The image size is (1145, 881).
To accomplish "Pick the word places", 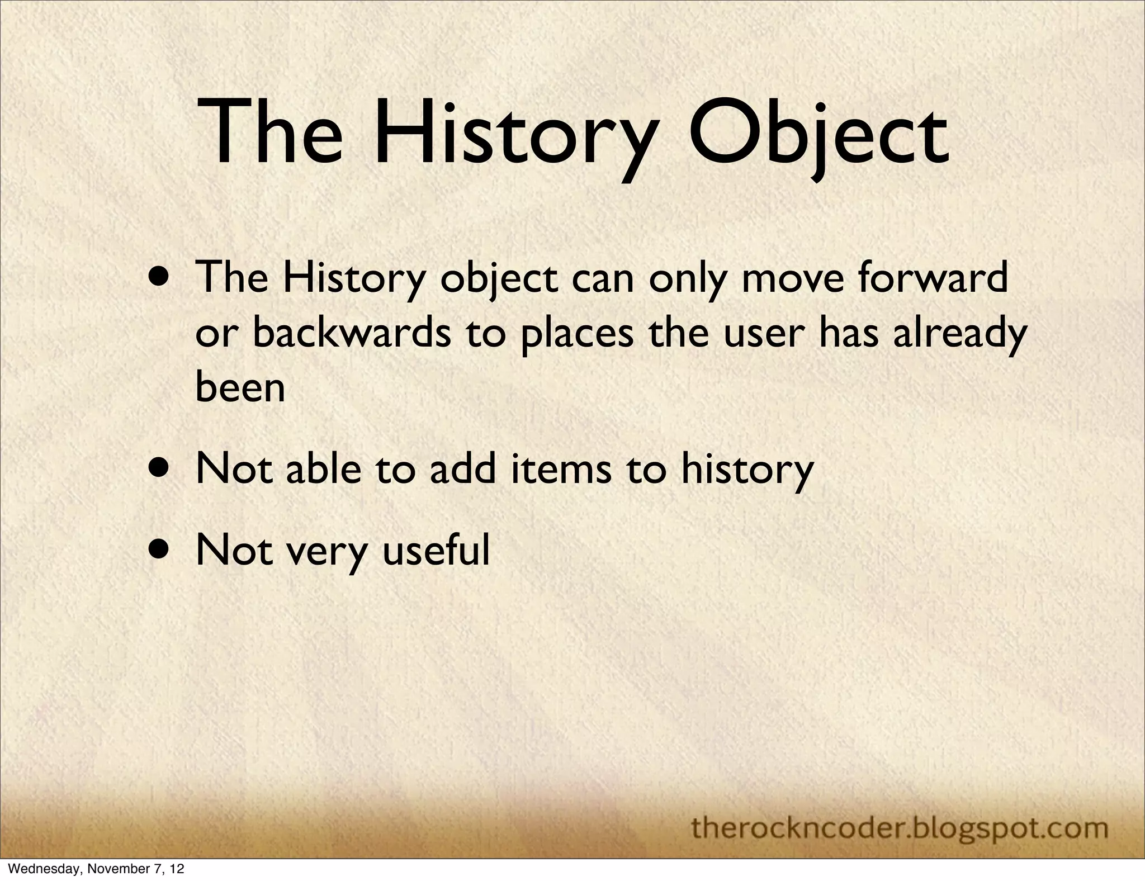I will pos(577,334).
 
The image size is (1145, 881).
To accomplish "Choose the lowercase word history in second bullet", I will pos(747,470).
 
